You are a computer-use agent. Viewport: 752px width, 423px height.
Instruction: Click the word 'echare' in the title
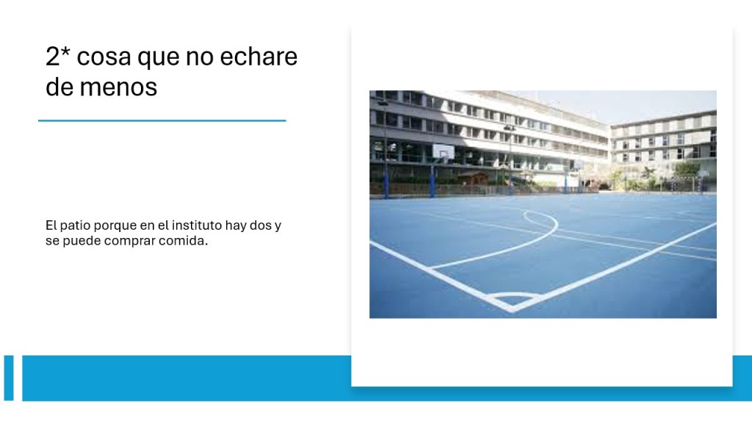tap(258, 57)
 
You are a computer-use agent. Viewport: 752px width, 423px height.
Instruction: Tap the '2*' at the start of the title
tap(58, 56)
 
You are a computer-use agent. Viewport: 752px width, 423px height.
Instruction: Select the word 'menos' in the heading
tap(118, 87)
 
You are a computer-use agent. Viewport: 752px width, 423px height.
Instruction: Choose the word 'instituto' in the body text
tap(197, 225)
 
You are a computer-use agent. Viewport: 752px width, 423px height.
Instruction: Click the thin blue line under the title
tap(162, 120)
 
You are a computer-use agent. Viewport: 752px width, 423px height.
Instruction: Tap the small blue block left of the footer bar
tap(9, 378)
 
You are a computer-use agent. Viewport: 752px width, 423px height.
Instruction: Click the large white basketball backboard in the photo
tap(443, 153)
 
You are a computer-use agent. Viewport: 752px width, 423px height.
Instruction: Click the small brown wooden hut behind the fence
tap(474, 179)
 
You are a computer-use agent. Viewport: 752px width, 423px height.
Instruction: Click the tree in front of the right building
tap(686, 170)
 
